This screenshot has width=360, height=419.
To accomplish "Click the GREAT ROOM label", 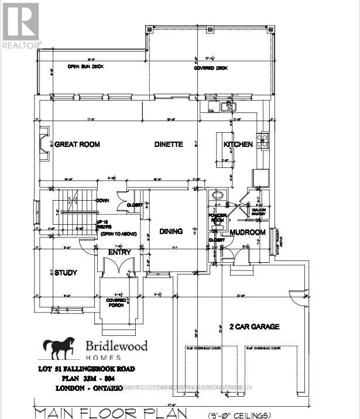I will point(77,144).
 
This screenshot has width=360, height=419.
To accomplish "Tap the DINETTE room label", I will point(169,144).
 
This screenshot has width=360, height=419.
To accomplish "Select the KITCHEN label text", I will point(238,144).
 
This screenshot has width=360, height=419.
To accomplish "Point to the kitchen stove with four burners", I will point(263,140).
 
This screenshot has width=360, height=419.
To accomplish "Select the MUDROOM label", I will point(248,232).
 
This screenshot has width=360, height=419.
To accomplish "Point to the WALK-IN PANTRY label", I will point(258,211).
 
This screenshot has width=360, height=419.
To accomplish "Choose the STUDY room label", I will point(66,273).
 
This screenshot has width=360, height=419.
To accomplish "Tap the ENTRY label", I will point(119,252).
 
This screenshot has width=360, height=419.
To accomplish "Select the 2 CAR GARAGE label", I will point(253,327).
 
